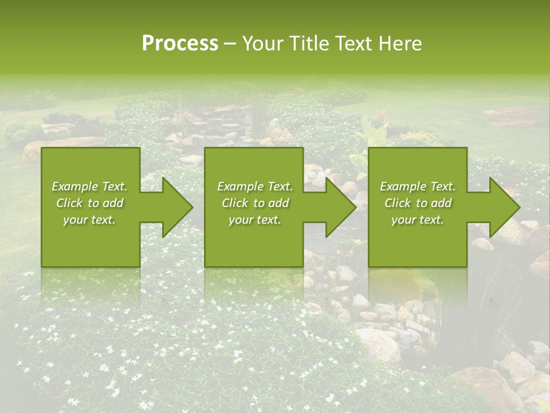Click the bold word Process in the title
pos(180,44)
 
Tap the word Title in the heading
pos(309,44)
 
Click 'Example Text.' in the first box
pos(90,186)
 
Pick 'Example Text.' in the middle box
pos(255,186)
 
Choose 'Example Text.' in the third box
pos(418,186)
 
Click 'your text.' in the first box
pos(89,220)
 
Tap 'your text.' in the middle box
pos(254,220)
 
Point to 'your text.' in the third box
pos(417,220)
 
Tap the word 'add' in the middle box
pos(278,203)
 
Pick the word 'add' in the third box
pos(441,203)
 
